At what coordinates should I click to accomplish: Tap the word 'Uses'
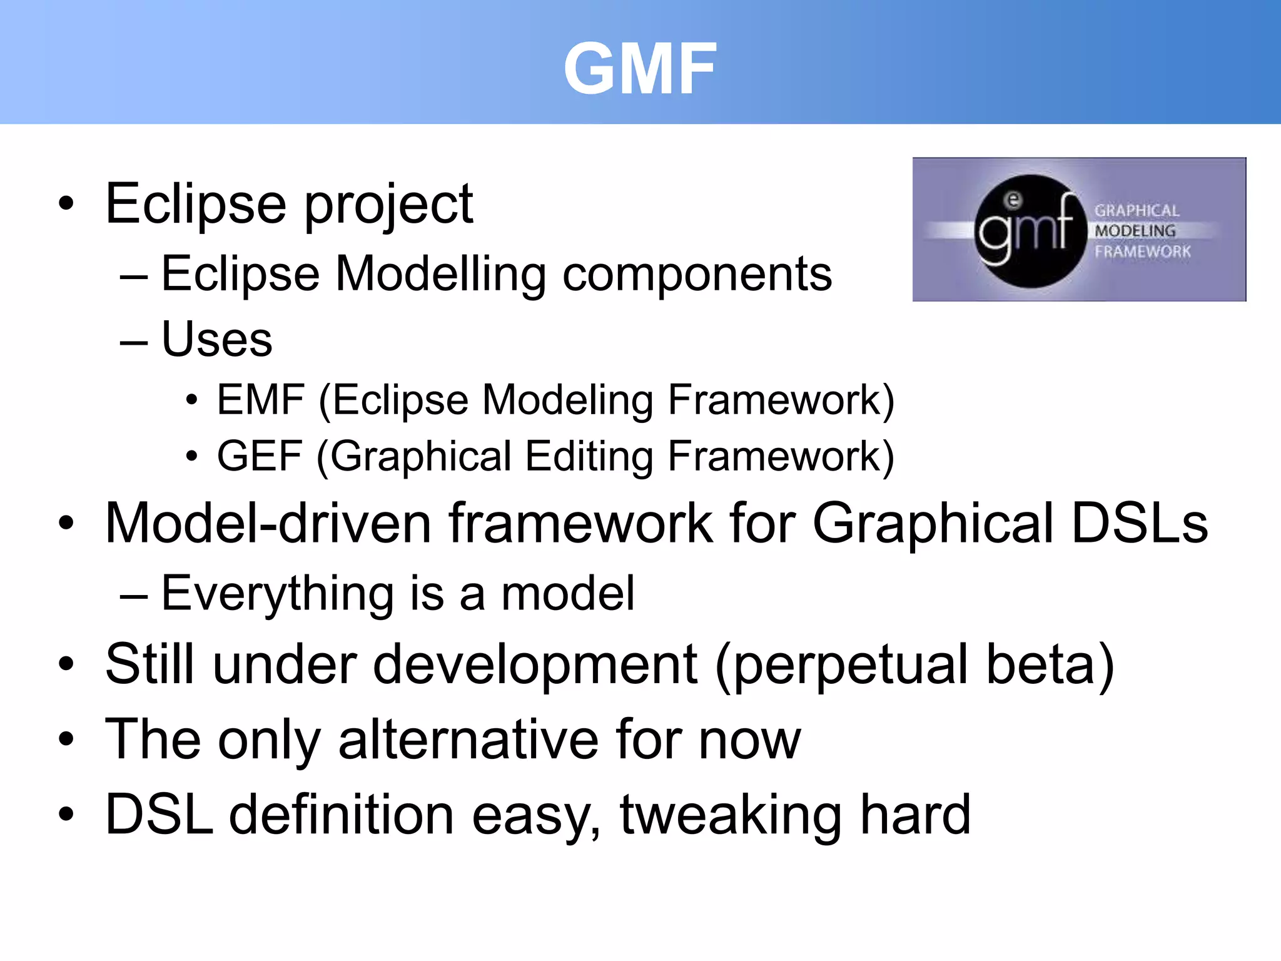pos(216,339)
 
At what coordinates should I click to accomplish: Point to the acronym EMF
pos(261,400)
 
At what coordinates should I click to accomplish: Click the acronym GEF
pos(260,456)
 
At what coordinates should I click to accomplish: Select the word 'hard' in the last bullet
pos(915,815)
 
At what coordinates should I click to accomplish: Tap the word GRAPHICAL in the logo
pos(1137,211)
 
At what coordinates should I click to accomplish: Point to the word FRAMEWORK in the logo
pos(1142,252)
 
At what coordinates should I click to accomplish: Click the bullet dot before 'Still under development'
pos(66,664)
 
